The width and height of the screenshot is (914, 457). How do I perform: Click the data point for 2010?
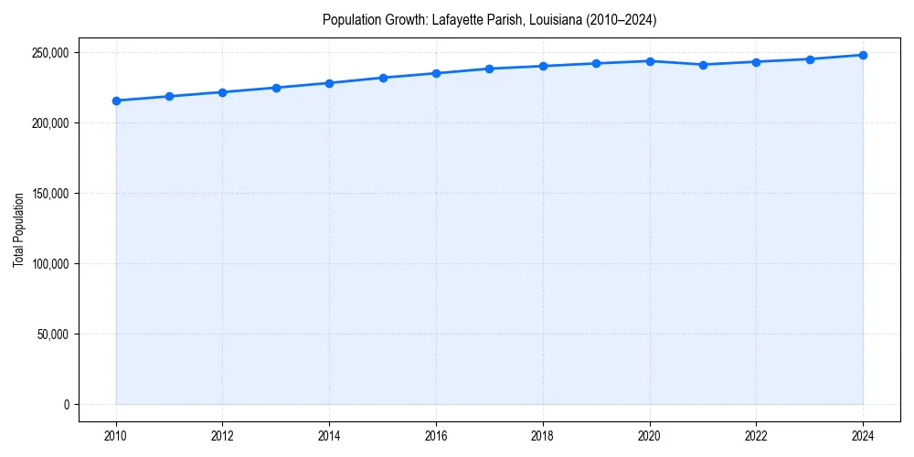pos(116,101)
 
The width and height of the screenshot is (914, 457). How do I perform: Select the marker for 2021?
pos(703,65)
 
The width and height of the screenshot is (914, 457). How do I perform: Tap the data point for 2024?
pos(863,55)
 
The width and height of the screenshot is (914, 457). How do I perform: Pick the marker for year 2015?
pos(383,78)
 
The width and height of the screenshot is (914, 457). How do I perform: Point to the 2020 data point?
pos(650,61)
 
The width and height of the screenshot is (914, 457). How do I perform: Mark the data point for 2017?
pos(490,69)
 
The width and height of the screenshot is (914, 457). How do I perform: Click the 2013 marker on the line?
pos(276,88)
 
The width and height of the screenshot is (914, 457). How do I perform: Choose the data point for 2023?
pos(810,59)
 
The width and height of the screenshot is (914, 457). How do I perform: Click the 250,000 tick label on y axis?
pos(50,53)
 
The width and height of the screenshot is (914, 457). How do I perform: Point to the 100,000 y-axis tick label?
pos(50,264)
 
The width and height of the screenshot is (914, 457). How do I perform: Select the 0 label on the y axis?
pos(66,405)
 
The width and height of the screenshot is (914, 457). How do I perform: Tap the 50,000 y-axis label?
pos(53,335)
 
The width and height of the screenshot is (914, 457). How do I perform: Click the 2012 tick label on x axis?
pos(222,436)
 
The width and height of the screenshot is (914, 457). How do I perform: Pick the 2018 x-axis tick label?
pos(543,436)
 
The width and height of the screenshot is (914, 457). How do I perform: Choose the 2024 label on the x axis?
pos(863,436)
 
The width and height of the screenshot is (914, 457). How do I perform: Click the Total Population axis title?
pos(19,229)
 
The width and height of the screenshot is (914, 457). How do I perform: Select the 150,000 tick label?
pos(50,194)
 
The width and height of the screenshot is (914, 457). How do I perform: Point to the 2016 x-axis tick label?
pos(436,436)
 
